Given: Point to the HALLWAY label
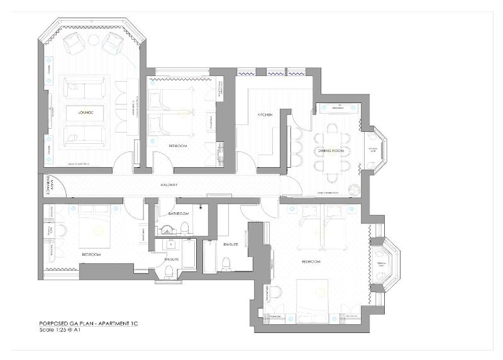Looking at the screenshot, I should click(169, 185).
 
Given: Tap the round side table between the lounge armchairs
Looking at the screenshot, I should click(93, 41).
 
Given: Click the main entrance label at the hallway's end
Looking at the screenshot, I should click(47, 185).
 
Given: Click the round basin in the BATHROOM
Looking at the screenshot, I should click(166, 228).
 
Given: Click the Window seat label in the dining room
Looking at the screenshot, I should click(372, 150).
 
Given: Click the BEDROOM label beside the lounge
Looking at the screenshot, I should click(177, 146).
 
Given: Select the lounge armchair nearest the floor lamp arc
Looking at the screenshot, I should click(113, 43).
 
